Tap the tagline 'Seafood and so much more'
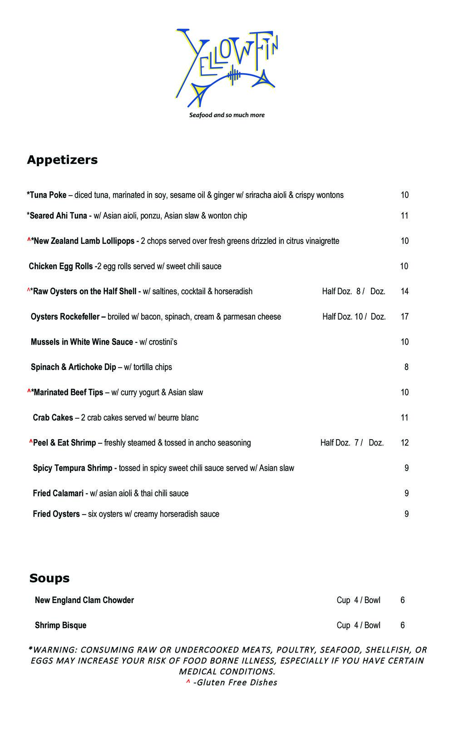point(227,115)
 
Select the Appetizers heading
point(62,160)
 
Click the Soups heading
point(49,578)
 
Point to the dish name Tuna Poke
point(48,195)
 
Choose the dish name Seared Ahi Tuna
point(58,216)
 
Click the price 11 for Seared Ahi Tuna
point(405,216)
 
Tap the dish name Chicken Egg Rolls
point(61,267)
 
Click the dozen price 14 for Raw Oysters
point(405,292)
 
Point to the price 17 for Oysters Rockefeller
point(405,317)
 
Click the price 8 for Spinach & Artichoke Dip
point(406,367)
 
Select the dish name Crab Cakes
point(53,418)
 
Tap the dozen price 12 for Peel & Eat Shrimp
point(405,443)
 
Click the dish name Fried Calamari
point(58,494)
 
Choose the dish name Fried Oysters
point(56,514)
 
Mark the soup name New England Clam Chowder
point(84,600)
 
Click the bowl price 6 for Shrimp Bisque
point(403,625)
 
